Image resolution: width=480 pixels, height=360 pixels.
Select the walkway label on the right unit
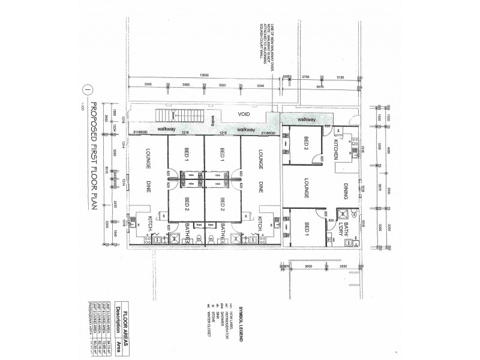click(x=305, y=119)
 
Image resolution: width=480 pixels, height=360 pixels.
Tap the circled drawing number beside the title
click(x=88, y=90)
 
